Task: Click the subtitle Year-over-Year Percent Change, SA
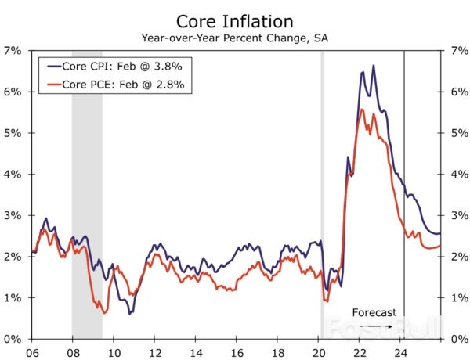[235, 38]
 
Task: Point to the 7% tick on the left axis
[13, 50]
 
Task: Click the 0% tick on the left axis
[13, 339]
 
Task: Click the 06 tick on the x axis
[32, 352]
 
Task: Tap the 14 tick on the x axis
[196, 352]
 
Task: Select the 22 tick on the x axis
[360, 352]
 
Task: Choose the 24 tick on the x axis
[400, 352]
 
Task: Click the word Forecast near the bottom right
[374, 311]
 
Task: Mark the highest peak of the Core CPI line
[373, 66]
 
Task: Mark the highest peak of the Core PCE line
[361, 110]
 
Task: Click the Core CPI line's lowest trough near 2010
[130, 313]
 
